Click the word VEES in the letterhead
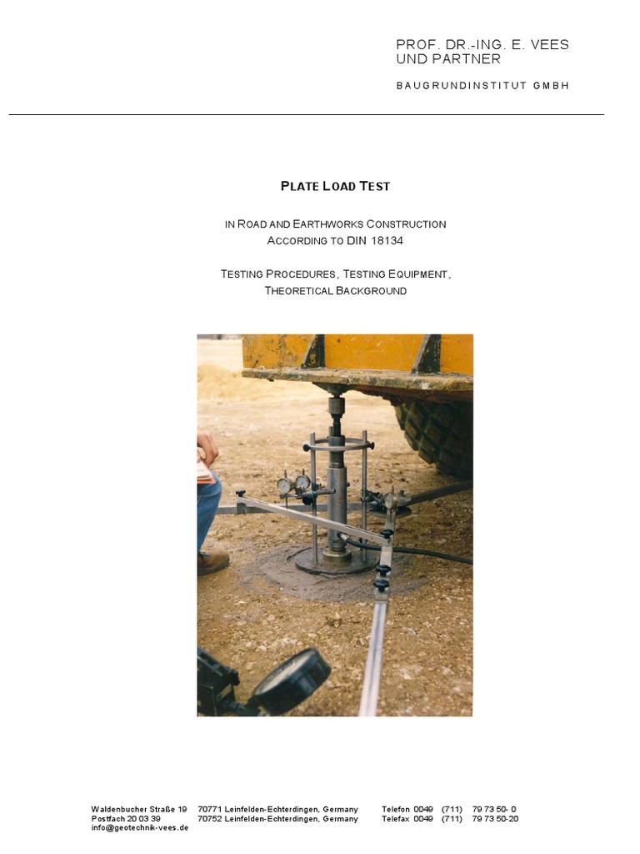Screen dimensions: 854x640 click(x=548, y=44)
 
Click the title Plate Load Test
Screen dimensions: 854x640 click(x=335, y=186)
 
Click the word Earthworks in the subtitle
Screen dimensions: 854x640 click(x=322, y=224)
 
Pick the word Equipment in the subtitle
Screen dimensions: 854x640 click(x=418, y=274)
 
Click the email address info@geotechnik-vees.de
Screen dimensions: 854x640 click(x=139, y=827)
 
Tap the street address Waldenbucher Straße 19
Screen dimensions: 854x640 click(x=138, y=809)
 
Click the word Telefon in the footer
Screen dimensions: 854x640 click(x=396, y=809)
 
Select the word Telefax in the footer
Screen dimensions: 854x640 click(x=396, y=818)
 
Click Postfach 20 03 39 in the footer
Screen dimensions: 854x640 click(x=126, y=818)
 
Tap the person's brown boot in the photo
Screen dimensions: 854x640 click(x=212, y=562)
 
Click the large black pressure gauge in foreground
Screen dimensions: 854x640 click(x=290, y=681)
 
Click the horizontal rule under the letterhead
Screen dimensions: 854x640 click(x=306, y=114)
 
